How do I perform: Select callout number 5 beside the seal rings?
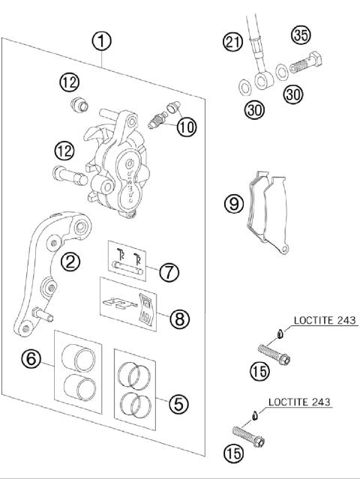coord(178,404)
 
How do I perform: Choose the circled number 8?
coord(178,319)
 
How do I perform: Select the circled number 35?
coord(301,36)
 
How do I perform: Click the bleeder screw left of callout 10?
coord(158,118)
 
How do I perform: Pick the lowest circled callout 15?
coord(233,452)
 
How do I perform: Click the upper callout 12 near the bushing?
coord(69,81)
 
